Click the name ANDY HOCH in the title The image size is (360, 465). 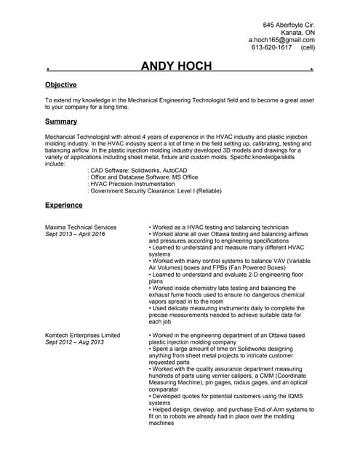pyautogui.click(x=176, y=67)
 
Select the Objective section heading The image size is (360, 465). pyautogui.click(x=61, y=85)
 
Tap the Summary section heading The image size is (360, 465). pyautogui.click(x=61, y=121)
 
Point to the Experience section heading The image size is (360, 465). pyautogui.click(x=64, y=205)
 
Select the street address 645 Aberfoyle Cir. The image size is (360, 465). pyautogui.click(x=289, y=24)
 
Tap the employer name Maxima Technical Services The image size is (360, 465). pyautogui.click(x=81, y=227)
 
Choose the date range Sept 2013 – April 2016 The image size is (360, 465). pyautogui.click(x=75, y=235)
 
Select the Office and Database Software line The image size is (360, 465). pyautogui.click(x=142, y=177)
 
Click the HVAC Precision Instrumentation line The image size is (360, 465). pyautogui.click(x=135, y=184)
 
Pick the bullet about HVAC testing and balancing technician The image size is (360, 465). pyautogui.click(x=218, y=227)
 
